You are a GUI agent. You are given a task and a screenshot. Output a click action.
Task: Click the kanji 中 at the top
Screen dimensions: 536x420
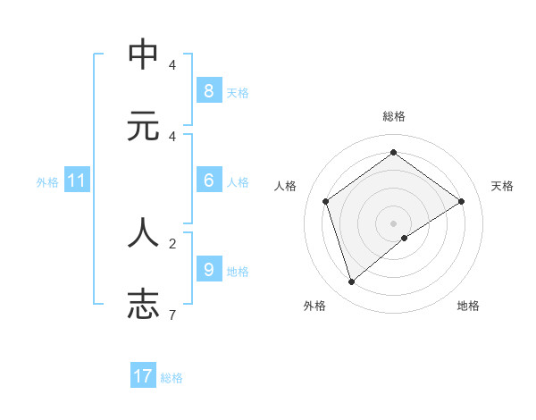(143, 55)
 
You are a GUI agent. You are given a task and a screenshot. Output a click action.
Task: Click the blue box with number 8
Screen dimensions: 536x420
(208, 90)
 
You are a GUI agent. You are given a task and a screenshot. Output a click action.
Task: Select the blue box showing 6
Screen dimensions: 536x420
(208, 181)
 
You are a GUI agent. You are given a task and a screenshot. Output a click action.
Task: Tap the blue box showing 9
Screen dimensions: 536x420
(208, 269)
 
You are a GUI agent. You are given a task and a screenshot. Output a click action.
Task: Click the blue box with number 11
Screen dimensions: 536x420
(76, 181)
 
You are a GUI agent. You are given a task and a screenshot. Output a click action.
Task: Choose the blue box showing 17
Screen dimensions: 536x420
(143, 376)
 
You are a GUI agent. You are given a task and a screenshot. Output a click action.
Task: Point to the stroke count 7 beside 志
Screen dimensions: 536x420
(172, 315)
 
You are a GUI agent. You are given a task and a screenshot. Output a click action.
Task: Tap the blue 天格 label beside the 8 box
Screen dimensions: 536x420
(238, 92)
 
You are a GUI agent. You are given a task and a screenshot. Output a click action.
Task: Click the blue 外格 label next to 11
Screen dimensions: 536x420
(47, 182)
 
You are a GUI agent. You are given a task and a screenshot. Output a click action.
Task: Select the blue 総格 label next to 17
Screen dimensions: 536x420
(172, 378)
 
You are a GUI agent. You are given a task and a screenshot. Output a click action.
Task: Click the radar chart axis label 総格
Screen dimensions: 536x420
(393, 116)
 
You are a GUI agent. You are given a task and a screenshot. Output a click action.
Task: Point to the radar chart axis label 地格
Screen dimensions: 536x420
(468, 306)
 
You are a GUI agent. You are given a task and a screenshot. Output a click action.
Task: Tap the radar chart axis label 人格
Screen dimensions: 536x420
(285, 186)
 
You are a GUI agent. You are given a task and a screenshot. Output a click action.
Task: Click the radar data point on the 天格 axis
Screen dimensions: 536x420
(461, 201)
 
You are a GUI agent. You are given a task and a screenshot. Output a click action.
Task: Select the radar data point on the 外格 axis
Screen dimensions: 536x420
(351, 282)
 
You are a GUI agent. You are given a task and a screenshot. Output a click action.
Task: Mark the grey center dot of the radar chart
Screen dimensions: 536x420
(393, 223)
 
